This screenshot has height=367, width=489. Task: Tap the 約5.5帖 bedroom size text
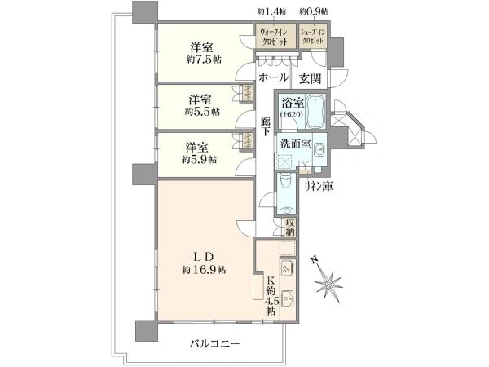point(202,112)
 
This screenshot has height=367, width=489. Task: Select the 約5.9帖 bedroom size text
point(200,160)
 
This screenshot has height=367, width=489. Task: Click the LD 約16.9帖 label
point(205,263)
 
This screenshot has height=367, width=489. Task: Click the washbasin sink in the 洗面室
point(319,150)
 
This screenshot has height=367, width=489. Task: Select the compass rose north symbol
point(328,282)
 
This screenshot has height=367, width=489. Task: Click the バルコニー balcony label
point(215,344)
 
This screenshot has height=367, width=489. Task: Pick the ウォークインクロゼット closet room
point(274,36)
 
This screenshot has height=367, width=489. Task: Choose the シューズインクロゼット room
point(313,36)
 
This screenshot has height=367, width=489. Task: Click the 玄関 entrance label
point(310,78)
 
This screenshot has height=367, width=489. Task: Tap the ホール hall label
point(273,77)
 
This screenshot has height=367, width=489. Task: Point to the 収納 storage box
point(290,227)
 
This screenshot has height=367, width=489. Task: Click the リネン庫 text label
point(319,186)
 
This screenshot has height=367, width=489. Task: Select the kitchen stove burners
point(287,268)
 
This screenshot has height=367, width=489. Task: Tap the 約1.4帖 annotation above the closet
point(272,11)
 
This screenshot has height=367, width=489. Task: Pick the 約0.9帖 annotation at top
point(314,11)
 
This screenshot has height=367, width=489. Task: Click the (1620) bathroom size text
point(292,114)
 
